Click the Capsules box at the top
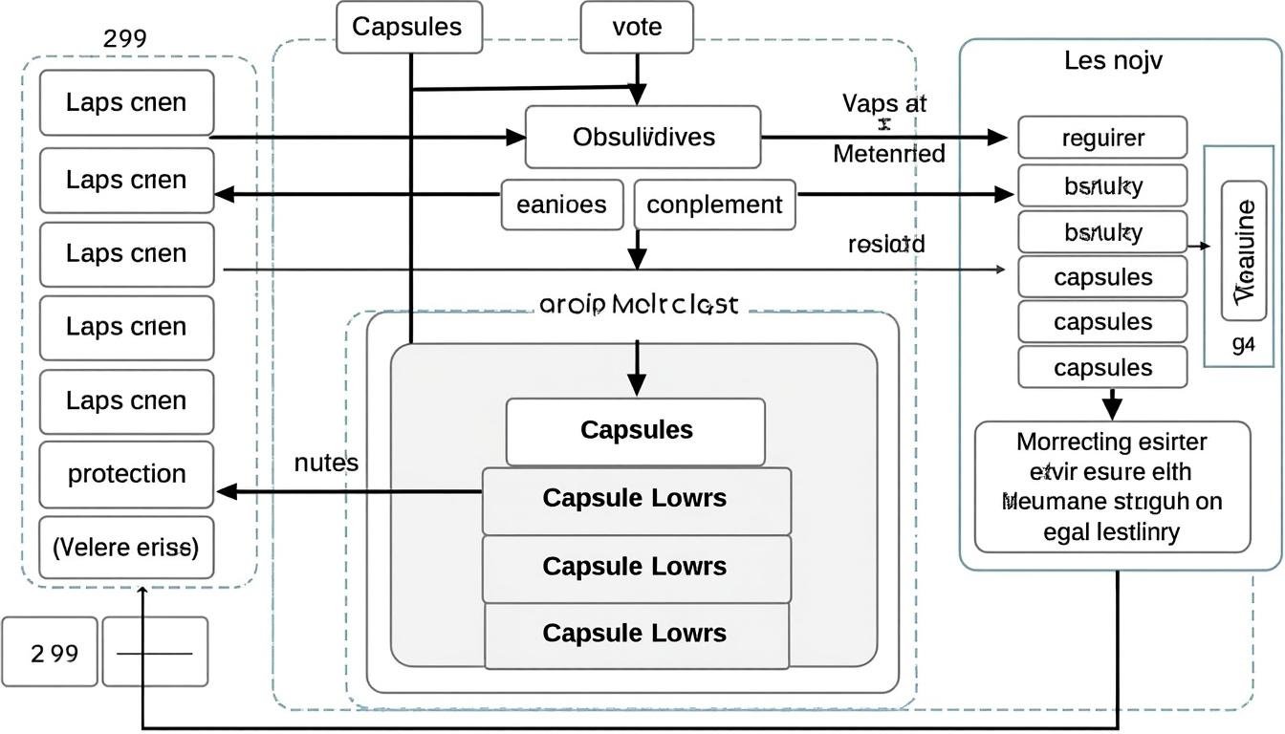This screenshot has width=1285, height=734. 409,27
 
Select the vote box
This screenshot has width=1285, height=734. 637,27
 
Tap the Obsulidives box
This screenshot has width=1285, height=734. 643,137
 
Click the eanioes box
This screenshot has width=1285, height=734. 561,205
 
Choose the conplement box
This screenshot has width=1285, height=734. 714,205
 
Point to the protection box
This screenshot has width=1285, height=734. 126,474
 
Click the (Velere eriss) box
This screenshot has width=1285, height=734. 126,548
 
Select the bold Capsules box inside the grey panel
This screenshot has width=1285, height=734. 636,430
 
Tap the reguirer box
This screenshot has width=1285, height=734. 1102,138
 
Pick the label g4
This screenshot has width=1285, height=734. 1243,345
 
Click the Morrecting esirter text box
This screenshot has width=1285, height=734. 1112,486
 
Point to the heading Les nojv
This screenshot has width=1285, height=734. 1113,61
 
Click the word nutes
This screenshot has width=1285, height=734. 327,464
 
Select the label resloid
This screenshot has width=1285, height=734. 886,244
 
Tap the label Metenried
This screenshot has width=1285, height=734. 889,153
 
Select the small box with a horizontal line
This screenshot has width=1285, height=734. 155,653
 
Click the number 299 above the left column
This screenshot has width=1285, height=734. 124,39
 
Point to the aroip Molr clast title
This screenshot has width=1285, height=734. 639,305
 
